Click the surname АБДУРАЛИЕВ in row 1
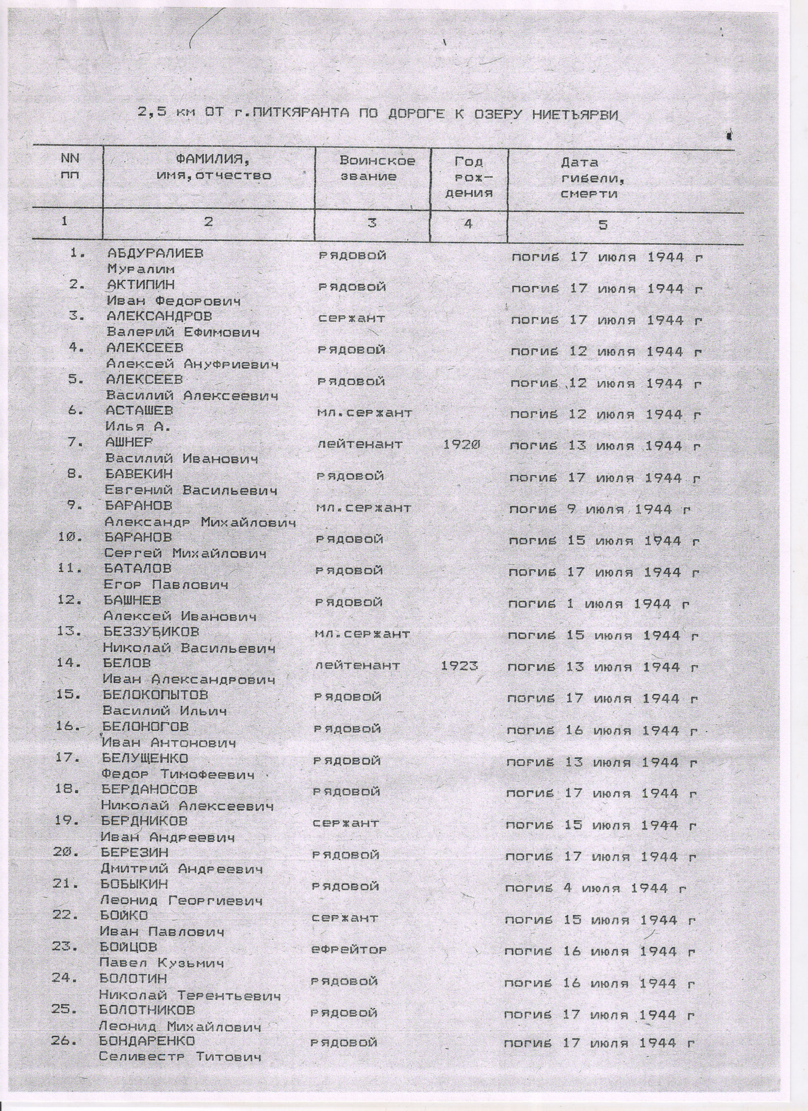(155, 254)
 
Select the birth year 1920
(461, 444)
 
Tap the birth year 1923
(459, 666)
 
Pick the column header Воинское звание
(377, 169)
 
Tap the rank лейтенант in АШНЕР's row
(360, 444)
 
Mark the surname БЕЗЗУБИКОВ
(152, 632)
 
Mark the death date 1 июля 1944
(598, 604)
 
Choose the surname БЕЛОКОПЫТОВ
(155, 695)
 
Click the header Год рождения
(469, 177)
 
